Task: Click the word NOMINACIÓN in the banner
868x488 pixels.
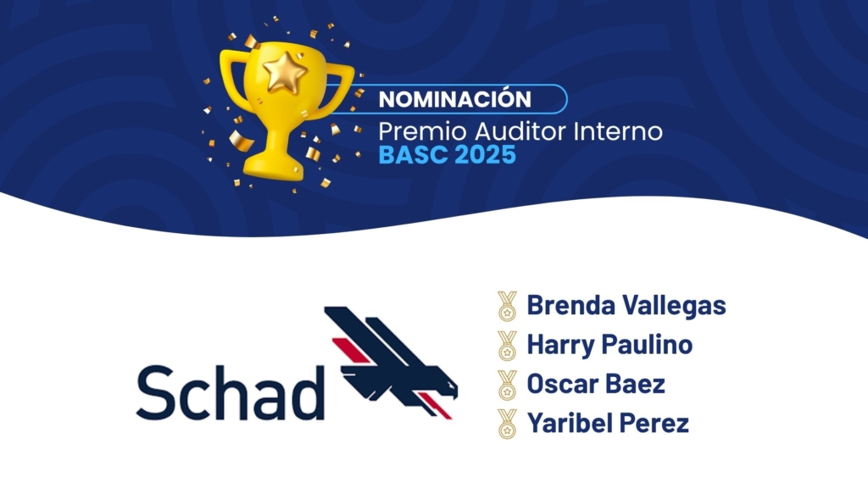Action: (x=454, y=99)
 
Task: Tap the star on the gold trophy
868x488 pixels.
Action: (x=285, y=72)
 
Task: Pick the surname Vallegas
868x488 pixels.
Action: (x=674, y=306)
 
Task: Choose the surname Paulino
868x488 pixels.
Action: (x=647, y=344)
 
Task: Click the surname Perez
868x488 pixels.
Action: (x=654, y=424)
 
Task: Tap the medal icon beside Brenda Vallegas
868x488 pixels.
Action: (x=507, y=306)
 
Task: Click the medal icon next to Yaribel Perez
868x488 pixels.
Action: (x=507, y=424)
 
